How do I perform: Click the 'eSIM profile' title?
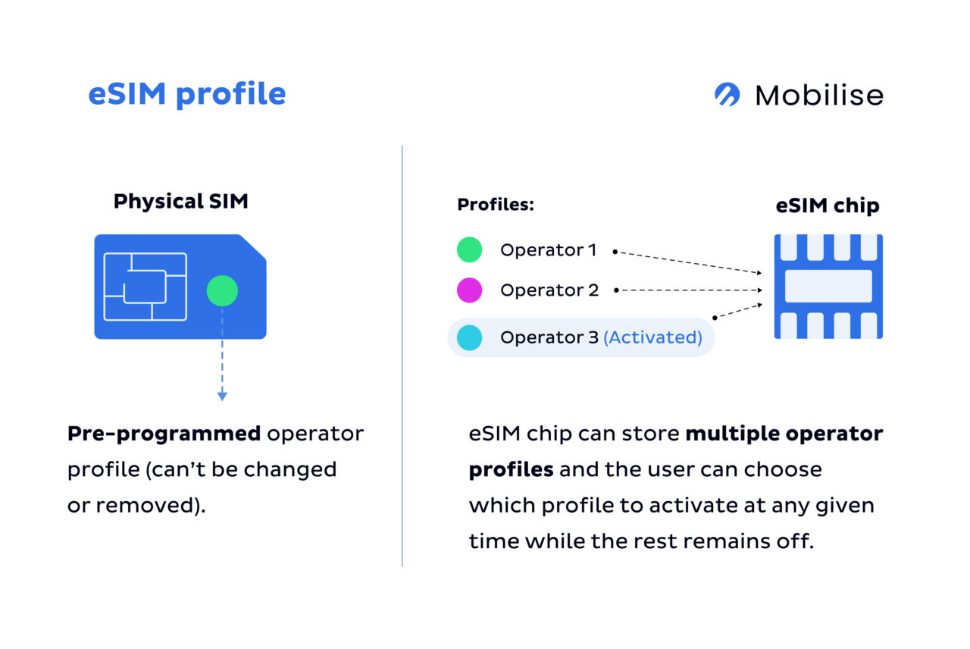(186, 94)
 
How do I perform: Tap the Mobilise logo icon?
(727, 95)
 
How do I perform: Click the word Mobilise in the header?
(819, 96)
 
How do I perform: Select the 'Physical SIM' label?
(180, 202)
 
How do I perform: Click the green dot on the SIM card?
(222, 290)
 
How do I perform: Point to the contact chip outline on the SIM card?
(145, 287)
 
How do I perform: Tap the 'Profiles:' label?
(496, 205)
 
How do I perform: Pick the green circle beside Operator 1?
(470, 249)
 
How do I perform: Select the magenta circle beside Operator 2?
(470, 290)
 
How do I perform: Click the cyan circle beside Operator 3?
(470, 337)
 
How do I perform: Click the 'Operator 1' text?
(548, 249)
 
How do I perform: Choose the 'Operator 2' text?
(549, 290)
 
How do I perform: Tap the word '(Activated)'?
(652, 337)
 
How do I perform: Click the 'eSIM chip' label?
(828, 205)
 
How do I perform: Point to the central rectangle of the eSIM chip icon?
(828, 287)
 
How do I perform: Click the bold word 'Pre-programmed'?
(164, 434)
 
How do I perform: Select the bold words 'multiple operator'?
(784, 434)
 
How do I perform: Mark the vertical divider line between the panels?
(402, 356)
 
